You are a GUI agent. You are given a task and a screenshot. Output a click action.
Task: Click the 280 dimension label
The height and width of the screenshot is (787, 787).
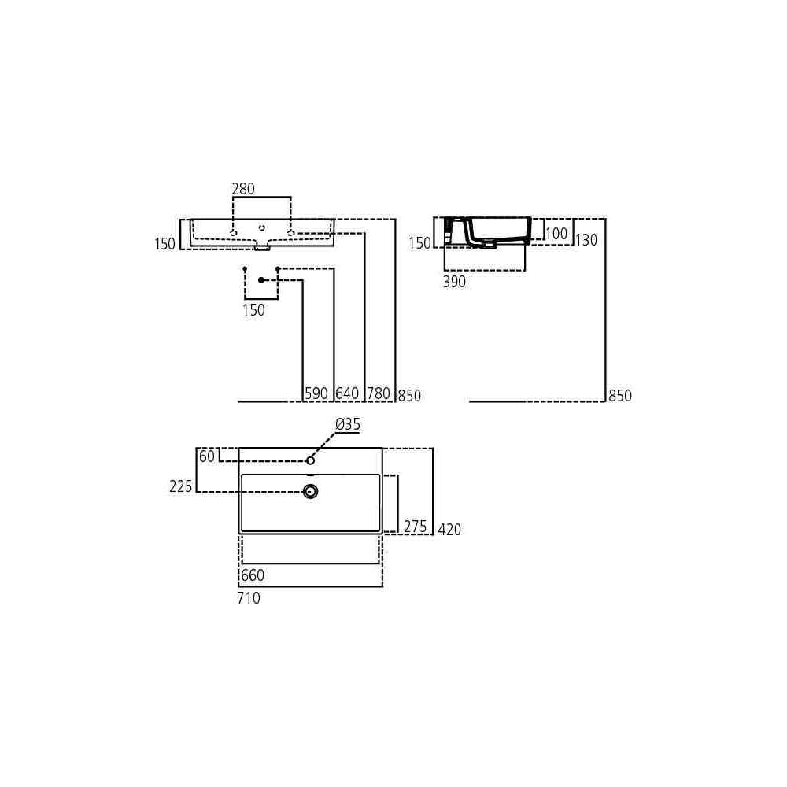coord(243,189)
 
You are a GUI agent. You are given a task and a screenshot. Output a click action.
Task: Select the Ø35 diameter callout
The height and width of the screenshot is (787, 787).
coord(348,425)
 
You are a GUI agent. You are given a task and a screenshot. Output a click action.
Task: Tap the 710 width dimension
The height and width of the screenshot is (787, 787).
coord(249,598)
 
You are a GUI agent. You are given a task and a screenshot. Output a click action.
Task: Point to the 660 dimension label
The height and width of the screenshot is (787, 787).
coord(253,575)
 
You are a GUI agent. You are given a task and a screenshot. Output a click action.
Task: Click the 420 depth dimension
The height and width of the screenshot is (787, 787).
coord(449,530)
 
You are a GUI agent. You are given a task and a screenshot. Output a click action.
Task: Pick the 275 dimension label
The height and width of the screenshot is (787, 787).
coord(416,527)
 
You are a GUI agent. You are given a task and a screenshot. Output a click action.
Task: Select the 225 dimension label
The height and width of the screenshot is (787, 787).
coord(181,486)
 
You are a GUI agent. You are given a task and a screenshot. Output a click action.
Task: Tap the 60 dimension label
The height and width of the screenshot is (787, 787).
coord(207,456)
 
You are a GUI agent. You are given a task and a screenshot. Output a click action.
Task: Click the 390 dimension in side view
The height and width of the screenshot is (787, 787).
coord(454,282)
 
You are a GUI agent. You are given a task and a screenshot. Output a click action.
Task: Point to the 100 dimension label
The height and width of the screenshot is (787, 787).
coord(556,234)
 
